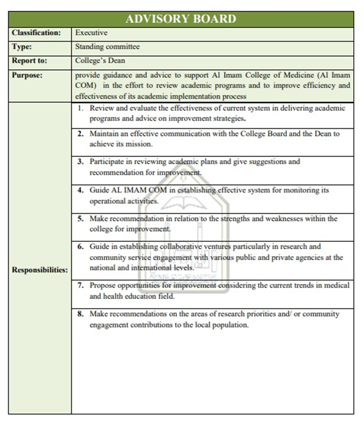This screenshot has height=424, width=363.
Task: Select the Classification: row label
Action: click(37, 33)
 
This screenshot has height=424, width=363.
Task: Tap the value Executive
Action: click(92, 33)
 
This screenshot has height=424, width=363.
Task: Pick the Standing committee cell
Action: click(107, 47)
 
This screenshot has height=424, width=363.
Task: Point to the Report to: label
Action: click(29, 61)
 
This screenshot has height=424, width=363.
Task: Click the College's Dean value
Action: click(100, 61)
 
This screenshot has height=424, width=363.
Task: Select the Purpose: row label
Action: click(27, 75)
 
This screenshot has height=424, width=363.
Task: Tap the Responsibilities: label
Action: click(40, 270)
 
